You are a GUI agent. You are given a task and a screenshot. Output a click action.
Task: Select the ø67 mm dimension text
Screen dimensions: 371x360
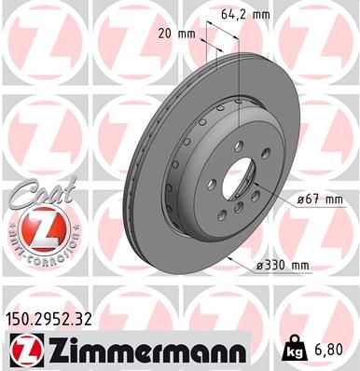[318, 198]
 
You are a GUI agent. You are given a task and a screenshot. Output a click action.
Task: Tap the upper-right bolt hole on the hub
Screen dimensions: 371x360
[264, 168]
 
